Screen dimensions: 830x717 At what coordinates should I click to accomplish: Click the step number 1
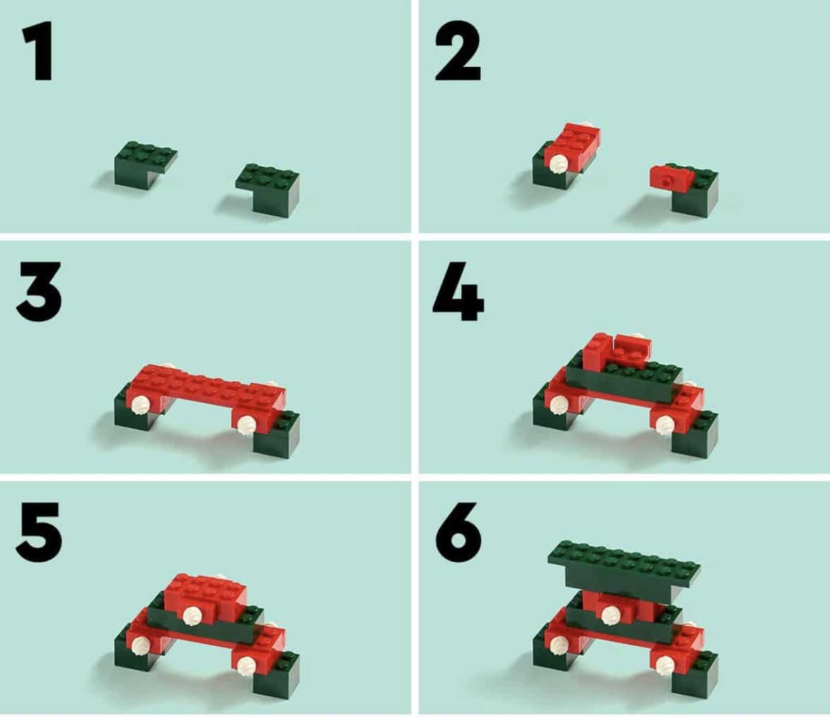click(38, 51)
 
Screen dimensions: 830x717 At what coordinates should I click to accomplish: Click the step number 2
click(458, 51)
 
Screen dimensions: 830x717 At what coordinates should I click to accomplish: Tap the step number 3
click(39, 292)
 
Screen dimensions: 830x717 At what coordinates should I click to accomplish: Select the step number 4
click(459, 292)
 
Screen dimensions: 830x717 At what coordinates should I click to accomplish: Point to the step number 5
click(39, 532)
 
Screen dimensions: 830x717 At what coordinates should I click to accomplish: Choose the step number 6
click(459, 532)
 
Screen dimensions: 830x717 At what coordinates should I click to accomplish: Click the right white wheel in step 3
click(247, 425)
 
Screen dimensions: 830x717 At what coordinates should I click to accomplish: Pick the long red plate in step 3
click(206, 392)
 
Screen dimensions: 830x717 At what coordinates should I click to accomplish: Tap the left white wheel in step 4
click(559, 405)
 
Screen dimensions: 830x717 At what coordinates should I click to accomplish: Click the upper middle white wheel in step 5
click(191, 615)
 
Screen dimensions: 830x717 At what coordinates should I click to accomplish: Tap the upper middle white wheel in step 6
click(612, 614)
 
